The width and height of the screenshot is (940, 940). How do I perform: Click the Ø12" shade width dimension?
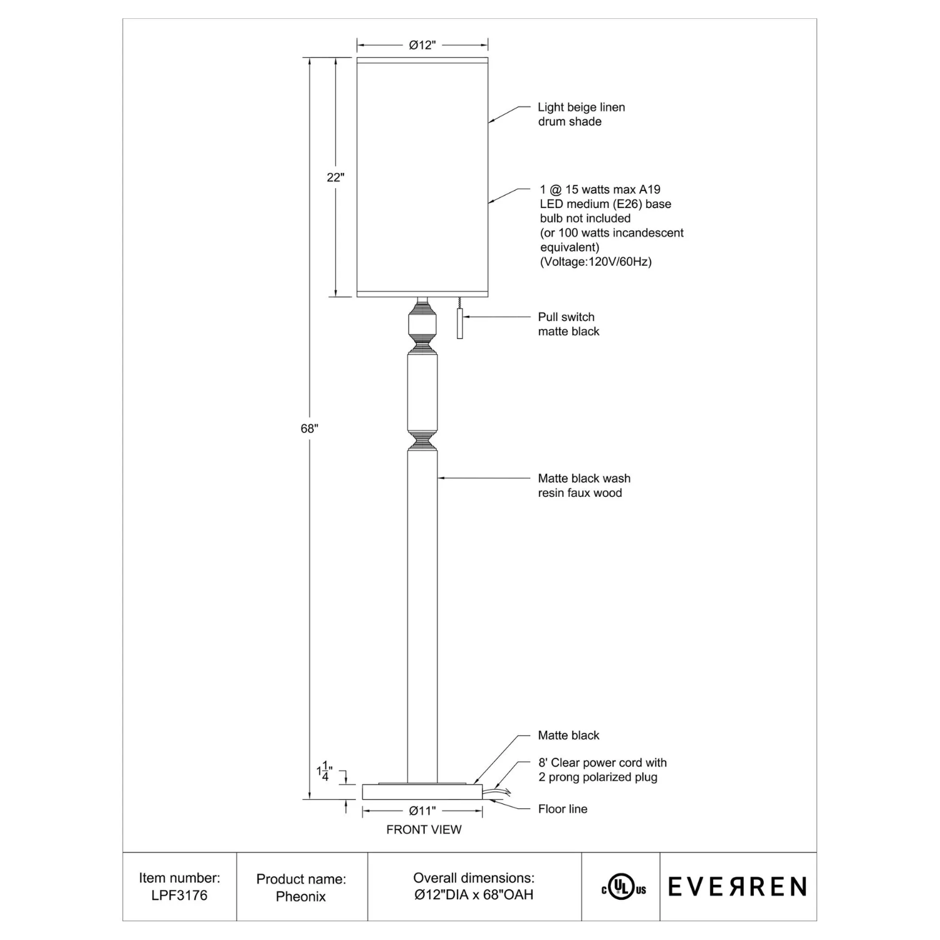422,45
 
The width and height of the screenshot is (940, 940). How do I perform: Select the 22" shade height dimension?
335,177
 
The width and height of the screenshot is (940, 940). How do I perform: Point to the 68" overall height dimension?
310,429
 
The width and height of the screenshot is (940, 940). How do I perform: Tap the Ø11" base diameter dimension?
422,811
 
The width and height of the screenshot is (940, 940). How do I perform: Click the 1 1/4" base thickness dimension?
325,771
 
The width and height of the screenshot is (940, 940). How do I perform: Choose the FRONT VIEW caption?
424,830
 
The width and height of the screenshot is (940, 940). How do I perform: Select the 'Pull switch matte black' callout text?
568,324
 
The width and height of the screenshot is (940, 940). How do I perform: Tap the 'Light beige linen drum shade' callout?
582,114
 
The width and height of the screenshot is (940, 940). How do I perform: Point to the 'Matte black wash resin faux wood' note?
584,486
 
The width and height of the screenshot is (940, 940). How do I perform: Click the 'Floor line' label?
563,809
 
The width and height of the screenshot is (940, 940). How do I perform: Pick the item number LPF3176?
179,896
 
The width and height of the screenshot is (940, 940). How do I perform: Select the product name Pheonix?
301,897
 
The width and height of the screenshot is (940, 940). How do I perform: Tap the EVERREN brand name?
738,887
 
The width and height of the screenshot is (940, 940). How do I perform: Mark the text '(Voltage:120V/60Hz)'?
596,262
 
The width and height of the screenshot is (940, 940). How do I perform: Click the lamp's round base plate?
422,791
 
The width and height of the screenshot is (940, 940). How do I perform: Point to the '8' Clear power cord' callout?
602,770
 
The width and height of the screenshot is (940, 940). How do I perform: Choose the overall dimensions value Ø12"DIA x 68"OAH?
474,895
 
